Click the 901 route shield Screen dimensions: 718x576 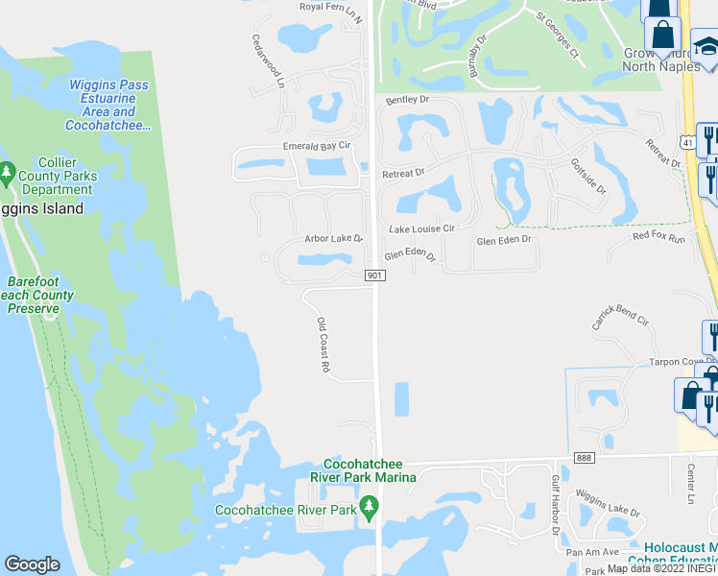pos(375,276)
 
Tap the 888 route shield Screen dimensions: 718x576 pos(585,458)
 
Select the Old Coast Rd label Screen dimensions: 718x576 pos(324,346)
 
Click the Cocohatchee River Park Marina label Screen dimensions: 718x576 pos(370,470)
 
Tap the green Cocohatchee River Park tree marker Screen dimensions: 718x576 pos(368,507)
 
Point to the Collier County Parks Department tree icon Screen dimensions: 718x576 pos(8,174)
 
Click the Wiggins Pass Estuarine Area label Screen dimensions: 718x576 pos(108,105)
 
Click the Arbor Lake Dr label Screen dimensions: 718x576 pos(333,238)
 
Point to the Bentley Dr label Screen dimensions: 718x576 pos(407,99)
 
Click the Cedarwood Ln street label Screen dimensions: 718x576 pos(269,62)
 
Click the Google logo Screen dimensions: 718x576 pos(33,564)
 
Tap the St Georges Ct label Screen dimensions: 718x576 pos(558,35)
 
